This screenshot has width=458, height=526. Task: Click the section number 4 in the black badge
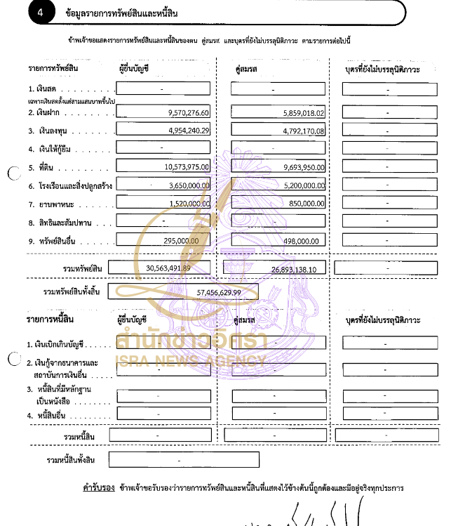[x=41, y=12]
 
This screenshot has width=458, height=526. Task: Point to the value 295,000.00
[x=182, y=239]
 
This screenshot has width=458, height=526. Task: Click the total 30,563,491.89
[x=168, y=268]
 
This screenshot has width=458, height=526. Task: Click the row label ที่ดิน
[x=47, y=167]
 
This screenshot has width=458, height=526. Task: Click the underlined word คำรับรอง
[x=99, y=487]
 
